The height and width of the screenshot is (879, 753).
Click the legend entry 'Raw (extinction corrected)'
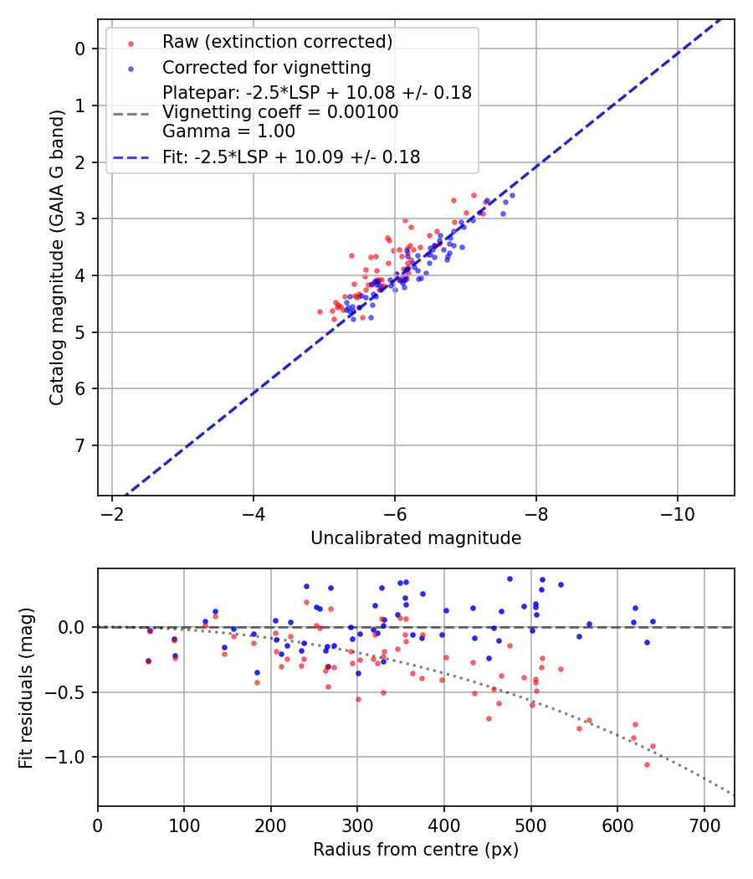277,42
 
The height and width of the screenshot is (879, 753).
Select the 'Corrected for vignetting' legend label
266,67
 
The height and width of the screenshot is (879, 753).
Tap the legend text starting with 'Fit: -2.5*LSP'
291,157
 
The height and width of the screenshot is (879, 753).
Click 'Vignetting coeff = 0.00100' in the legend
280,112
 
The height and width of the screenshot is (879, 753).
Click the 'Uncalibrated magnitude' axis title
416,538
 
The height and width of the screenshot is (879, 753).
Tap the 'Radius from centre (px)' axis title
416,850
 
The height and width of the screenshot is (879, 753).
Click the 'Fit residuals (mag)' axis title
26,687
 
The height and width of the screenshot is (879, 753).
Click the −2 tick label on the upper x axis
112,513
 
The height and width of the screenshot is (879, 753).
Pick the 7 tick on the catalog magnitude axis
80,445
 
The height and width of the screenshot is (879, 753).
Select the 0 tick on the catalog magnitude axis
80,49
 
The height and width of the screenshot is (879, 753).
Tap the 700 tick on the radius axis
704,824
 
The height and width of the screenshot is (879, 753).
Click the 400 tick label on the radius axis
444,824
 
